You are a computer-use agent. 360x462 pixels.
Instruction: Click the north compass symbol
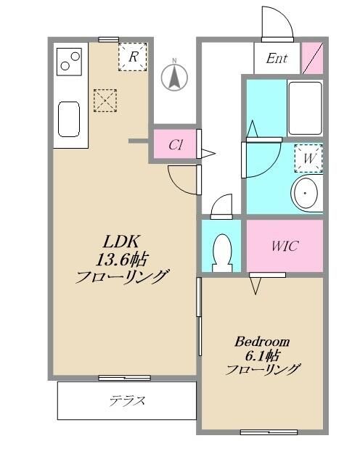(174, 77)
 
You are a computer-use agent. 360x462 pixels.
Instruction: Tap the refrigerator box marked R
(133, 56)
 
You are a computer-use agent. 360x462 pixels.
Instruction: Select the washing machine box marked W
(308, 157)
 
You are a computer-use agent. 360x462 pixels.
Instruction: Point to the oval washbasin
(307, 194)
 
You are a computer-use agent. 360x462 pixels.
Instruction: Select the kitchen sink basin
(68, 118)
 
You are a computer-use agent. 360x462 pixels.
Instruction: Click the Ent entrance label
(277, 59)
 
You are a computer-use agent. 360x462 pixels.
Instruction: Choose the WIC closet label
(285, 246)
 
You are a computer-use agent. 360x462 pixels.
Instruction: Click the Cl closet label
(175, 144)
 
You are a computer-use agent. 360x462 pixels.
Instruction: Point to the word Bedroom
(262, 341)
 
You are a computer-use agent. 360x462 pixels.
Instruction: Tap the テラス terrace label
(128, 400)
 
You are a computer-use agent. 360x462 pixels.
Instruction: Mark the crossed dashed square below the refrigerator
(105, 99)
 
